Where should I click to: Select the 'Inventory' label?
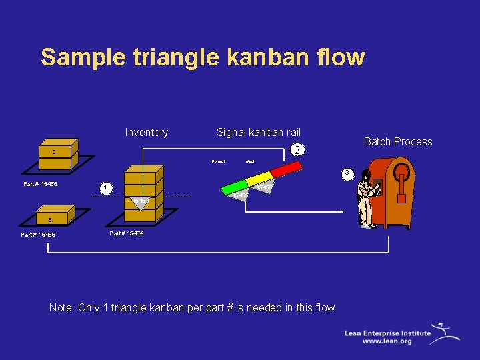146,132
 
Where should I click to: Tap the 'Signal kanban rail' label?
259,132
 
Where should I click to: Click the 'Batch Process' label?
397,141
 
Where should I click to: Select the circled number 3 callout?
345,175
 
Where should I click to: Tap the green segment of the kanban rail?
237,186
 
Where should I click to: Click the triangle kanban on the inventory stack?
141,201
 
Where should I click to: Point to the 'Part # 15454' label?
126,233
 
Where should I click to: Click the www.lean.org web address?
387,341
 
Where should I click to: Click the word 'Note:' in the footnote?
62,307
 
